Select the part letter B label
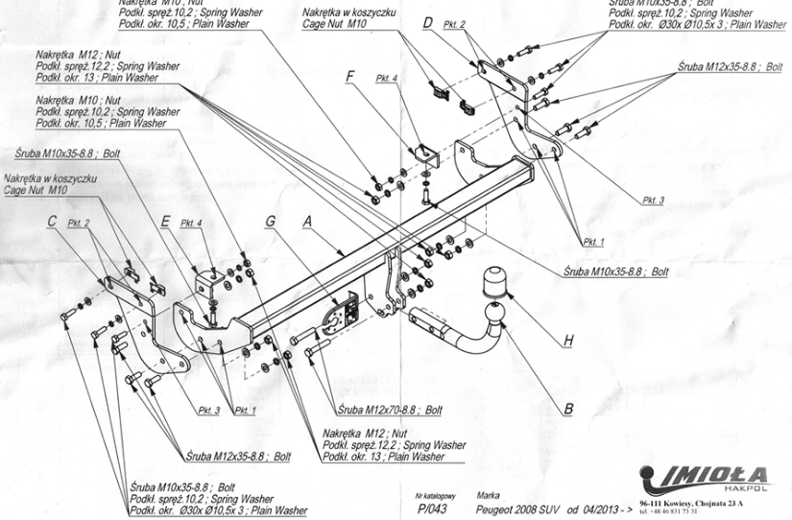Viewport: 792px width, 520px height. point(569,409)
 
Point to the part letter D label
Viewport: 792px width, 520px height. point(427,21)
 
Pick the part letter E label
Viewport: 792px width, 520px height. point(166,222)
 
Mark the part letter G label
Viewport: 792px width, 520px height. point(271,221)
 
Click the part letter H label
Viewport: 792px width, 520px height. point(569,340)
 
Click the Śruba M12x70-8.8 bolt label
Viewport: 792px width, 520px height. point(384,410)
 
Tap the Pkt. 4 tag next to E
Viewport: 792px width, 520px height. point(194,224)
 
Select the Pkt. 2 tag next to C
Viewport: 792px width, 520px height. point(80,224)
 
